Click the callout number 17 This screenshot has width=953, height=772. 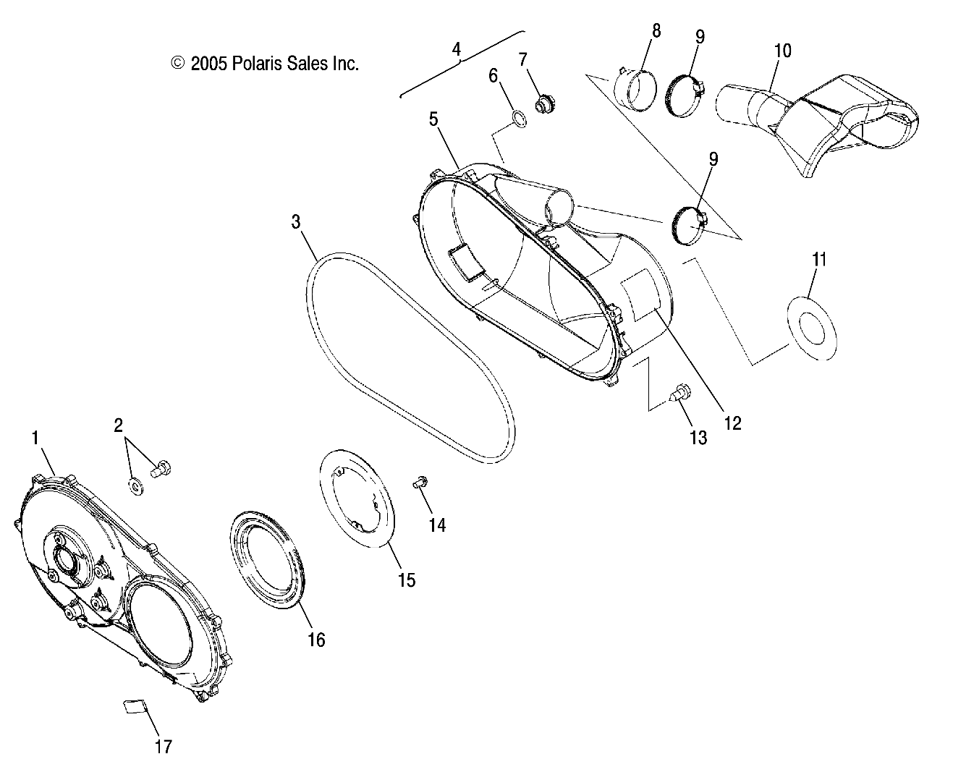click(164, 745)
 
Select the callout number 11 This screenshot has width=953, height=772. click(818, 259)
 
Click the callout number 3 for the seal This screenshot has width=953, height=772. click(296, 221)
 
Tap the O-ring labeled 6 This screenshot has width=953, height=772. click(519, 119)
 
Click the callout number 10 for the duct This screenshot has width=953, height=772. click(782, 51)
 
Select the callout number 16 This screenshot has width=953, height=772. click(316, 640)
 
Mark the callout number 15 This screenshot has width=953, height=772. click(407, 580)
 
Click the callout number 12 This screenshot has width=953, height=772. click(732, 423)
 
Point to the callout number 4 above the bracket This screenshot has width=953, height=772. click(456, 49)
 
